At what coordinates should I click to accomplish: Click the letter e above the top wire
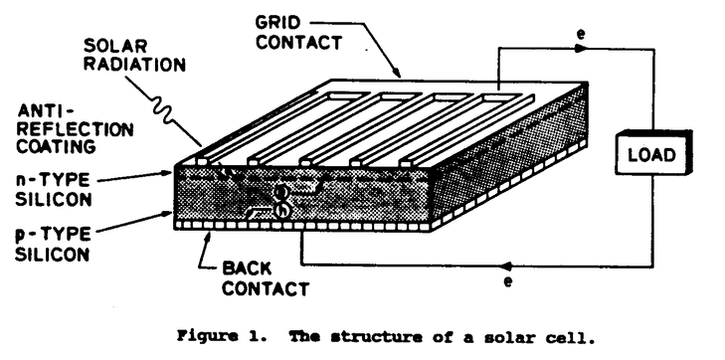[581, 36]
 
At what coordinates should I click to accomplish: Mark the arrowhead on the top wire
[581, 50]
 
